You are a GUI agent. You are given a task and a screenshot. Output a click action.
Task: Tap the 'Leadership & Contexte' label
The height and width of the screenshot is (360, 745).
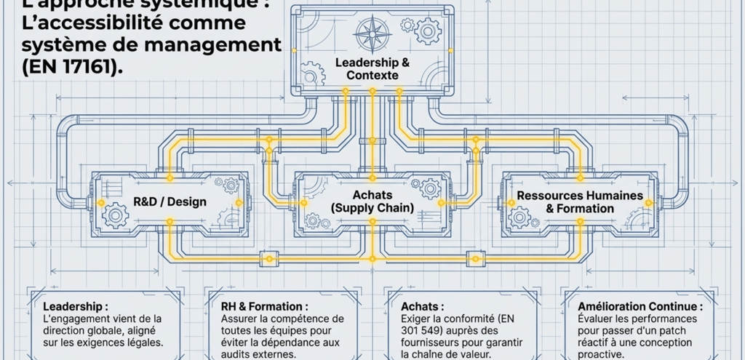[x=372, y=68]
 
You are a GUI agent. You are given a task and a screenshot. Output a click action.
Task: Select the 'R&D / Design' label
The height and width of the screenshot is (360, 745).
[x=170, y=201]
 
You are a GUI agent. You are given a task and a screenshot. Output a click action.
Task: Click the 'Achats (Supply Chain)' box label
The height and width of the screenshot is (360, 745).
[x=372, y=201]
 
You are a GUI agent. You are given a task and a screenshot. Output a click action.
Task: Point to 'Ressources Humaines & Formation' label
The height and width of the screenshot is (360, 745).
[x=580, y=202]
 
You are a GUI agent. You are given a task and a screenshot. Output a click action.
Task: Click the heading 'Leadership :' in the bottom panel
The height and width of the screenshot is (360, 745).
[x=76, y=307]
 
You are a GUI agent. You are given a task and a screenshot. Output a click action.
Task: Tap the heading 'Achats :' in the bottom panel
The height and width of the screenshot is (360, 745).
[x=423, y=307]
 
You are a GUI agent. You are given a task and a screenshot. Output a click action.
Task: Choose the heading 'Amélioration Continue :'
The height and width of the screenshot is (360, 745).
[x=640, y=307]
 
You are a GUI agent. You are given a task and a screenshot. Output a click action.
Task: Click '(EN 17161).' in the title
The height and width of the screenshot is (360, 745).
[x=62, y=66]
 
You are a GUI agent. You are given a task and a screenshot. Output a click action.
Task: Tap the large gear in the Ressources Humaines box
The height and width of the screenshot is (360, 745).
[x=519, y=217]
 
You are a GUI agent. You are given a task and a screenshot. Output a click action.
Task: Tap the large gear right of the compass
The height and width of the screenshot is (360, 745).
[x=427, y=31]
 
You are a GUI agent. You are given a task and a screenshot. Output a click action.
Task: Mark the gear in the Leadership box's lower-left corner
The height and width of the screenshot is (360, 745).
[x=312, y=73]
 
